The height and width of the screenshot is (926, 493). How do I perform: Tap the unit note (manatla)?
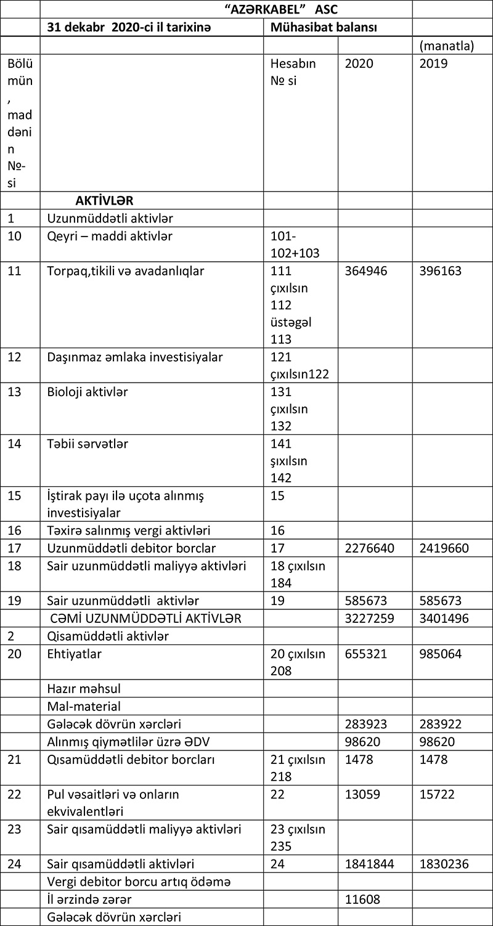tap(446, 46)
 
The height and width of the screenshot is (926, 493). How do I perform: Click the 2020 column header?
tap(359, 63)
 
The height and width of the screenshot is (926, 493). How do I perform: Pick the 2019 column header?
tap(433, 63)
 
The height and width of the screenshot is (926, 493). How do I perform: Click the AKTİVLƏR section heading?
tap(104, 200)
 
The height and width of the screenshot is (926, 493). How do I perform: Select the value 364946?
tap(366, 270)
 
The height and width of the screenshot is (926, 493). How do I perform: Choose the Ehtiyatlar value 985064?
tap(440, 654)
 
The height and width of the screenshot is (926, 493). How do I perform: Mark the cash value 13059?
tap(362, 795)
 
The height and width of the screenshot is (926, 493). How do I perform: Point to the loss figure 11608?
tap(362, 899)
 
